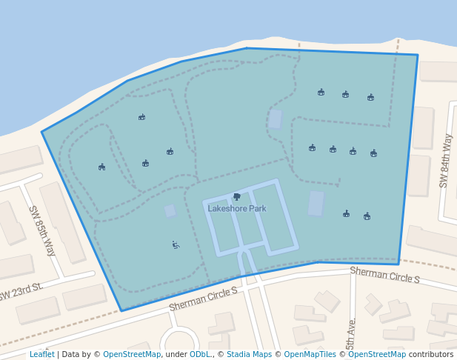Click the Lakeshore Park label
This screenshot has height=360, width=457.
click(236, 209)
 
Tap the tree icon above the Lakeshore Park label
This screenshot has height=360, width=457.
click(236, 197)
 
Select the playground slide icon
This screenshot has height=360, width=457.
click(176, 244)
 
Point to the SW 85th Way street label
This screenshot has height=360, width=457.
click(42, 230)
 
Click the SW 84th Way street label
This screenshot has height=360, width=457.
click(446, 161)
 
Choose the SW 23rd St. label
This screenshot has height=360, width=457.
click(21, 292)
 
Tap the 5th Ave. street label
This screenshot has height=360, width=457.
click(352, 333)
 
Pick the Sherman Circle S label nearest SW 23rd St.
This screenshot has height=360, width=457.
click(203, 299)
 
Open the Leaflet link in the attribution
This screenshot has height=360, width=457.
click(41, 354)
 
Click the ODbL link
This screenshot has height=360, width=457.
click(200, 354)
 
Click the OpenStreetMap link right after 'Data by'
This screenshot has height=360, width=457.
click(132, 354)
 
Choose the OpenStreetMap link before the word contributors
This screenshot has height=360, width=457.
click(377, 354)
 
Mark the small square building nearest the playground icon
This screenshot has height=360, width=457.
click(170, 211)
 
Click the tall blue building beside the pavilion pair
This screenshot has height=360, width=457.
click(316, 203)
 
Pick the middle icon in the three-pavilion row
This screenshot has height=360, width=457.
click(345, 95)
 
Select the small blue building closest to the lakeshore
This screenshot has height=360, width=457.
click(275, 119)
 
